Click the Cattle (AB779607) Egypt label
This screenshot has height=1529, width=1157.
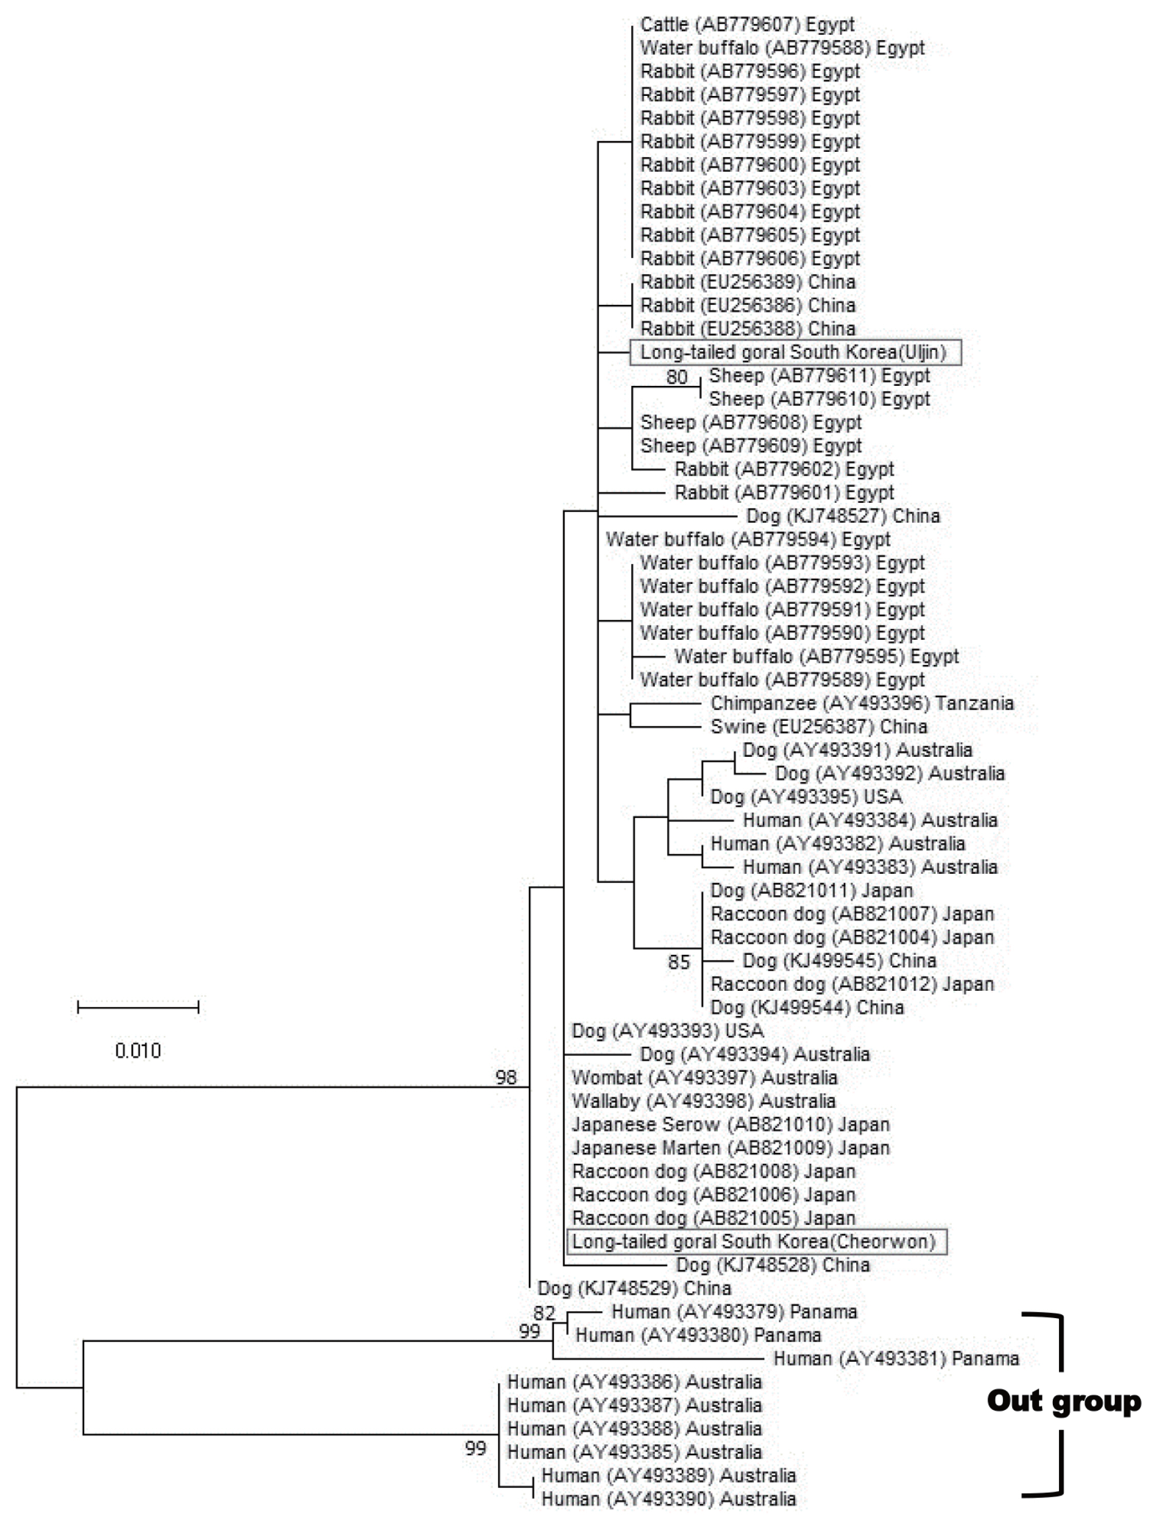[x=747, y=25]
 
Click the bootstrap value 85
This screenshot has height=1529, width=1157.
[x=679, y=962]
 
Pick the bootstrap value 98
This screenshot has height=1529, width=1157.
[x=506, y=1077]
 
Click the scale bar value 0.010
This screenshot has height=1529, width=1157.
[x=138, y=1051]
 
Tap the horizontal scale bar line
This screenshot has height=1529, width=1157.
[x=138, y=1007]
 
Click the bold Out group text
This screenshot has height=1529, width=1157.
[x=1064, y=1402]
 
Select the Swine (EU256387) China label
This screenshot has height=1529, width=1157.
[x=818, y=727]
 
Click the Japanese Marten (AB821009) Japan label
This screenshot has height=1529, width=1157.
[x=730, y=1148]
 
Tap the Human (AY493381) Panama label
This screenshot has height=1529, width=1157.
[x=896, y=1359]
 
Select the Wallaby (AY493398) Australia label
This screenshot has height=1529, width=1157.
[x=703, y=1101]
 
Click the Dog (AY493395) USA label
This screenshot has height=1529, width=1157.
[x=806, y=797]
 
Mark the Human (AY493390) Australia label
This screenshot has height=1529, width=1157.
[x=668, y=1499]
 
